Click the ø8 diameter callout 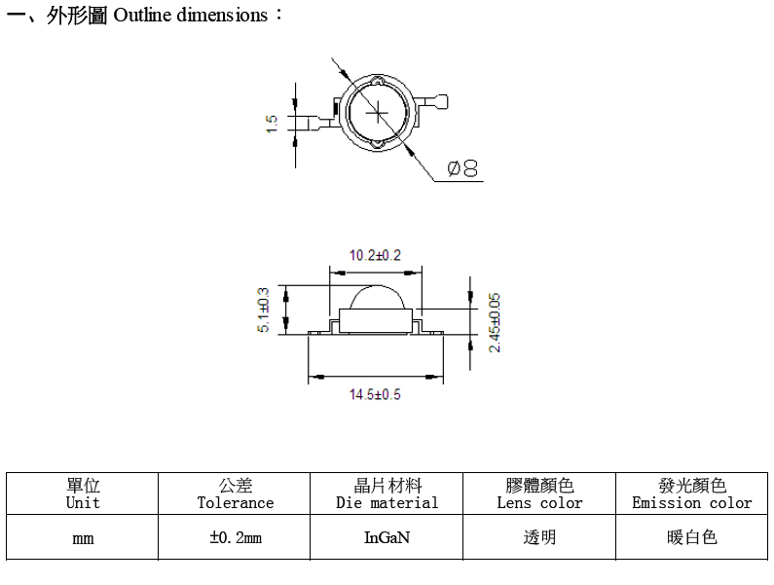coord(462,168)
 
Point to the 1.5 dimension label coord(272,124)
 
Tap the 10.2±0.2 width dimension coord(375,255)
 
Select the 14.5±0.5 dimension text coord(375,394)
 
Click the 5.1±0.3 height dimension coord(264,311)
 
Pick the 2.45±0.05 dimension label coord(495,323)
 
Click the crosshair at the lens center coord(378,113)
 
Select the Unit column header coord(83,494)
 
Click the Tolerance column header coord(235,494)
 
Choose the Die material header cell coord(387,494)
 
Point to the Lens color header coord(539,494)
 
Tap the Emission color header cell coord(692,494)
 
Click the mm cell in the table coord(83,537)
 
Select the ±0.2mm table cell coord(235,537)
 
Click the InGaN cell coord(387,537)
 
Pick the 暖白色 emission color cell coord(692,537)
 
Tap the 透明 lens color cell coord(539,537)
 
